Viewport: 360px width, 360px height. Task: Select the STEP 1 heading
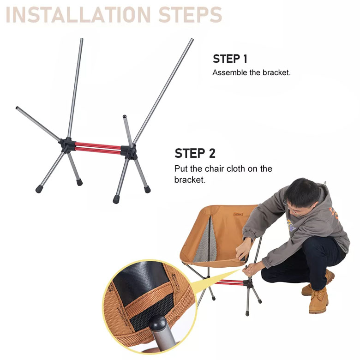click(230, 59)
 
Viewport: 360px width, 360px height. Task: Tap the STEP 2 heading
click(195, 154)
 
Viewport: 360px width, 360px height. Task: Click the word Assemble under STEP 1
click(230, 73)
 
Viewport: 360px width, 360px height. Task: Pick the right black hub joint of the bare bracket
click(129, 150)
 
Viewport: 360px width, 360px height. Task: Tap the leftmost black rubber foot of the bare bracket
click(39, 189)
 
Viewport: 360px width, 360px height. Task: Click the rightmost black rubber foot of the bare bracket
click(147, 189)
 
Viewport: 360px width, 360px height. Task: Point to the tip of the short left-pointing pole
click(18, 108)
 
